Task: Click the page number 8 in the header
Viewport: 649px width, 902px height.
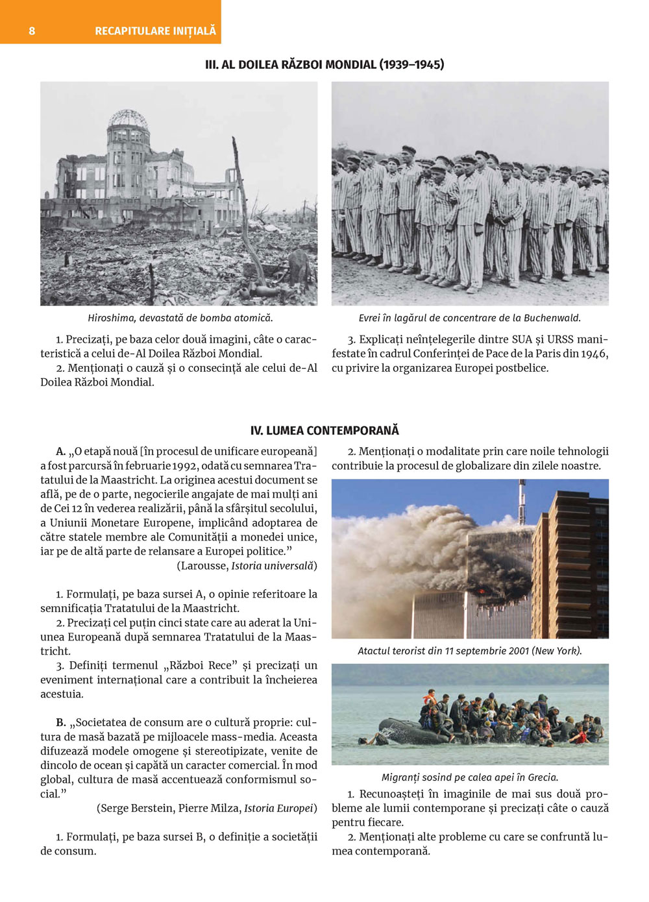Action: (32, 30)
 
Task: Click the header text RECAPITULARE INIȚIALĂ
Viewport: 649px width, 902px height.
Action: (155, 30)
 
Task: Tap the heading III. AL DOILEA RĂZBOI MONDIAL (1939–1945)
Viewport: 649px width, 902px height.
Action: (324, 64)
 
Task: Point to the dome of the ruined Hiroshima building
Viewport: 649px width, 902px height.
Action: (129, 119)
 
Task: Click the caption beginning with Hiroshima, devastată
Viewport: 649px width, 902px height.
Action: (180, 318)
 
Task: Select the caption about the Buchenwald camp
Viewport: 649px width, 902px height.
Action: (469, 318)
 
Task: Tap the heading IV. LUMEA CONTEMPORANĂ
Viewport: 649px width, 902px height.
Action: (324, 430)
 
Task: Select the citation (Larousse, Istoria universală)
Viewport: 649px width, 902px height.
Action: (247, 566)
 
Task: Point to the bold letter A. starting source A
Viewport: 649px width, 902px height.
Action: (61, 452)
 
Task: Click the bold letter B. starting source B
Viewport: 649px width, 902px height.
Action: (61, 723)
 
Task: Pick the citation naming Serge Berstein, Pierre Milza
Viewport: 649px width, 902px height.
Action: (207, 809)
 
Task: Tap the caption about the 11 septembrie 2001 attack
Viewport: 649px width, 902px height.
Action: (469, 651)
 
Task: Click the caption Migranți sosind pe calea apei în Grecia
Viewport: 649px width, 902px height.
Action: (469, 777)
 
